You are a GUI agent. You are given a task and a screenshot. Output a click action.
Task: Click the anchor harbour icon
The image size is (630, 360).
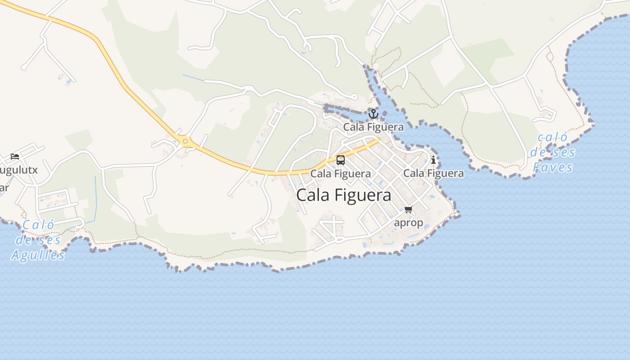pyautogui.click(x=373, y=113)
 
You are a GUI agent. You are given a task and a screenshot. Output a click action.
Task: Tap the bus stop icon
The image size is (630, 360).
pyautogui.click(x=341, y=160)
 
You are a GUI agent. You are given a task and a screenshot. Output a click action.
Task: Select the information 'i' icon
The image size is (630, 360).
pyautogui.click(x=433, y=160)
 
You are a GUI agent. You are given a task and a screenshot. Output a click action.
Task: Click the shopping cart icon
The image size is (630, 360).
pyautogui.click(x=409, y=210)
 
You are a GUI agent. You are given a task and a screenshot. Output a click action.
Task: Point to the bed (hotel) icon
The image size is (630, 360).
pyautogui.click(x=15, y=157)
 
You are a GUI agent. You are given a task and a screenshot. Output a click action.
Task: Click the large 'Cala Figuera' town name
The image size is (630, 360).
pyautogui.click(x=344, y=195)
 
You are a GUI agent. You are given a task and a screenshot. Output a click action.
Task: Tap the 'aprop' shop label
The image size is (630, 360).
pyautogui.click(x=409, y=223)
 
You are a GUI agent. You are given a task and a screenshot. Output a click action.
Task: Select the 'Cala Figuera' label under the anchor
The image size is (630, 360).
pyautogui.click(x=373, y=127)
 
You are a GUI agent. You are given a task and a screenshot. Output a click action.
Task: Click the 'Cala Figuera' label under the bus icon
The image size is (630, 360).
pyautogui.click(x=341, y=174)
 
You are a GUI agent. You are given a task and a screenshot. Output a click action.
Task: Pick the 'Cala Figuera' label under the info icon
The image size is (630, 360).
pyautogui.click(x=433, y=173)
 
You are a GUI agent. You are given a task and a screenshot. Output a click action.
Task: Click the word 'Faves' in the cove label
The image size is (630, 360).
pyautogui.click(x=553, y=168)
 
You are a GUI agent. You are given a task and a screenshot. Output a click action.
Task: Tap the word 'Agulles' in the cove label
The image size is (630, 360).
pyautogui.click(x=38, y=255)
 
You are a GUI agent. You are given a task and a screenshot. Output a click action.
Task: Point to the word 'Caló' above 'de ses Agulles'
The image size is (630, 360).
pyautogui.click(x=38, y=225)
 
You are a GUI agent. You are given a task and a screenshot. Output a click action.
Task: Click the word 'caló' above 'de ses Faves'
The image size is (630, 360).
pyautogui.click(x=553, y=137)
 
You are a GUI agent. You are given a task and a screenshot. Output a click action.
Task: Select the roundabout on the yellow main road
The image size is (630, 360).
pyautogui.click(x=185, y=142)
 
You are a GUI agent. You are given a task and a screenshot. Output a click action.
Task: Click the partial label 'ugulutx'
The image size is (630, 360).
pyautogui.click(x=19, y=171)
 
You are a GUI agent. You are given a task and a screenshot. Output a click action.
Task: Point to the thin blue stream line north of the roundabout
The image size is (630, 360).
pyautogui.click(x=193, y=78)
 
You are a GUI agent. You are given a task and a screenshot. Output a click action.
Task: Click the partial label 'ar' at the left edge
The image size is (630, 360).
pyautogui.click(x=4, y=188)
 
